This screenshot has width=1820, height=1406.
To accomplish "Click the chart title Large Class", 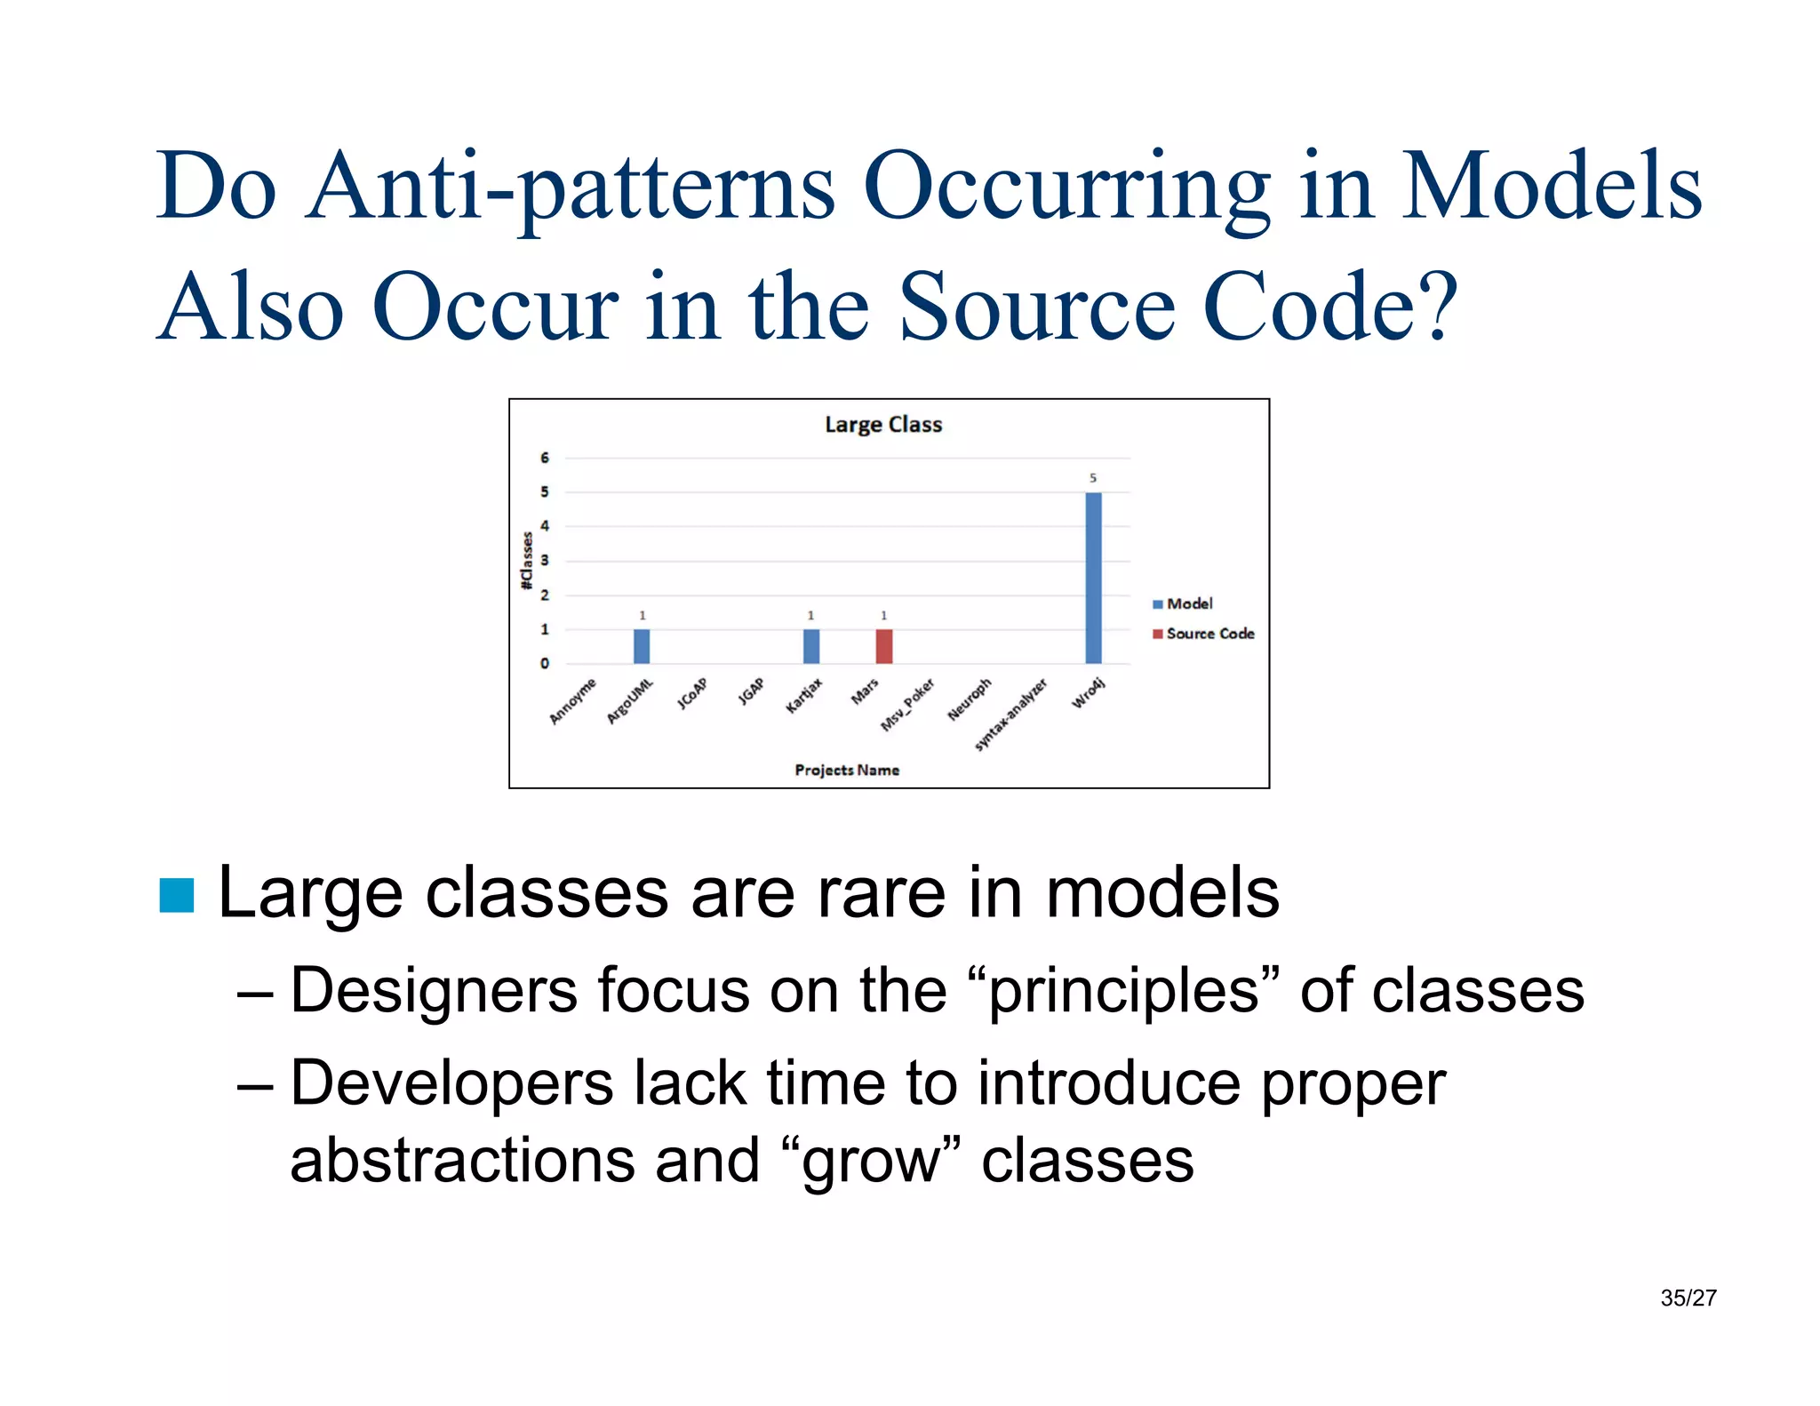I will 882,425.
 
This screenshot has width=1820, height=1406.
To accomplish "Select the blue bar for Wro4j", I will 1093,578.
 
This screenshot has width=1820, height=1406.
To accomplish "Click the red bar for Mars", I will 883,646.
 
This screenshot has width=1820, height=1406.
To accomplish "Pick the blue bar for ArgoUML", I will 642,646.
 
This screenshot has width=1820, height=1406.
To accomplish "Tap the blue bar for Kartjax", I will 810,646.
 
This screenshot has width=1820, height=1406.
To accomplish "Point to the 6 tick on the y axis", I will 545,458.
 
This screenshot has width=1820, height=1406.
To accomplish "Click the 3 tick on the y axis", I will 545,561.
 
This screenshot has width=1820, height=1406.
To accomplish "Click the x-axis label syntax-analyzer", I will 1010,715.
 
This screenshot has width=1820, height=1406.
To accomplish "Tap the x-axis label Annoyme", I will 573,701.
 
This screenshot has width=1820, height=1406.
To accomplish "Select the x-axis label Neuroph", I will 969,699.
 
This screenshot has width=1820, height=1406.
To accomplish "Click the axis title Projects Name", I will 846,770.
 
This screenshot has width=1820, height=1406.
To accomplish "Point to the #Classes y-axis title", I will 527,561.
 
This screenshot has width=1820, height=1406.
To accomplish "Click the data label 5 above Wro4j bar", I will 1093,478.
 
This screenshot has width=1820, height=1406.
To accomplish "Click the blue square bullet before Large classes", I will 177,895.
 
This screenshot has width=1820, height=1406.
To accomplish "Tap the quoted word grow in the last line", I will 871,1161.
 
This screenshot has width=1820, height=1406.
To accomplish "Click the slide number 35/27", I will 1688,1298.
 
